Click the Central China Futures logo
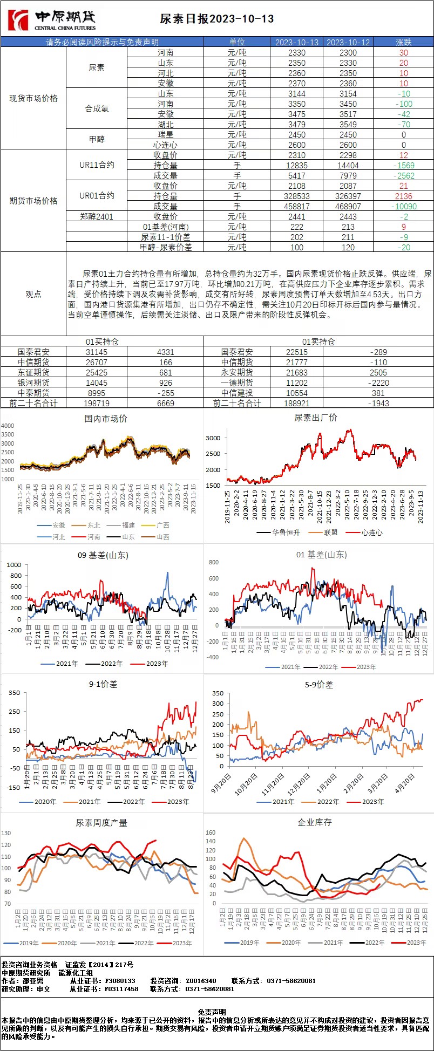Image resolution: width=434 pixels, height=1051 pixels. point(52,21)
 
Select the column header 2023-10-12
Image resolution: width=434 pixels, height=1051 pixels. point(348,42)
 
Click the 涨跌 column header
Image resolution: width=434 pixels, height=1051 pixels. point(403,42)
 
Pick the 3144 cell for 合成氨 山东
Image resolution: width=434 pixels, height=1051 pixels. point(296,93)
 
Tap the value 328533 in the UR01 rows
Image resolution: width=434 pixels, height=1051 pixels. point(296,196)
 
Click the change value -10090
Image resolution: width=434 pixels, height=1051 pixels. point(403,206)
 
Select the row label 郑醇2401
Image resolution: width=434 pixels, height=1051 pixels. point(97,216)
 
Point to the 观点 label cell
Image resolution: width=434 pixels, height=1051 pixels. point(33,294)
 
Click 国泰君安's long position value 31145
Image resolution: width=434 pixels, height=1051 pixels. point(97,352)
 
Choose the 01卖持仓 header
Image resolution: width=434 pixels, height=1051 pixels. point(318,342)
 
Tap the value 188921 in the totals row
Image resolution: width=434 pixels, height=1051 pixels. point(296,403)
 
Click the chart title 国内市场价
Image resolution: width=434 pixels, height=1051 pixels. point(106,419)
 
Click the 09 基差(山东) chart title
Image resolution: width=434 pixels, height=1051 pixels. point(103,555)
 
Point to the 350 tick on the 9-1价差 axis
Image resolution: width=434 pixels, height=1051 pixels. point(14,693)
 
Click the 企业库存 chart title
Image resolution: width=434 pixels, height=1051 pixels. point(315,822)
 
